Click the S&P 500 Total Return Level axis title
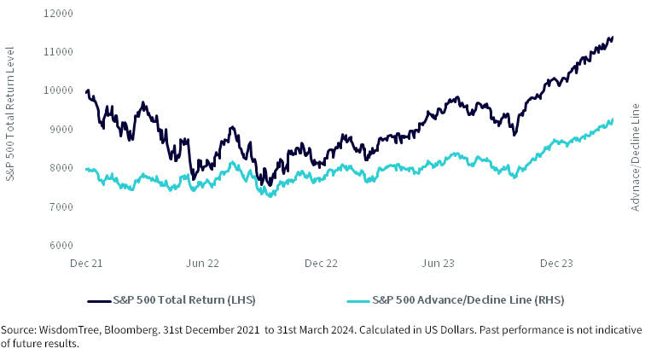click(10, 128)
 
